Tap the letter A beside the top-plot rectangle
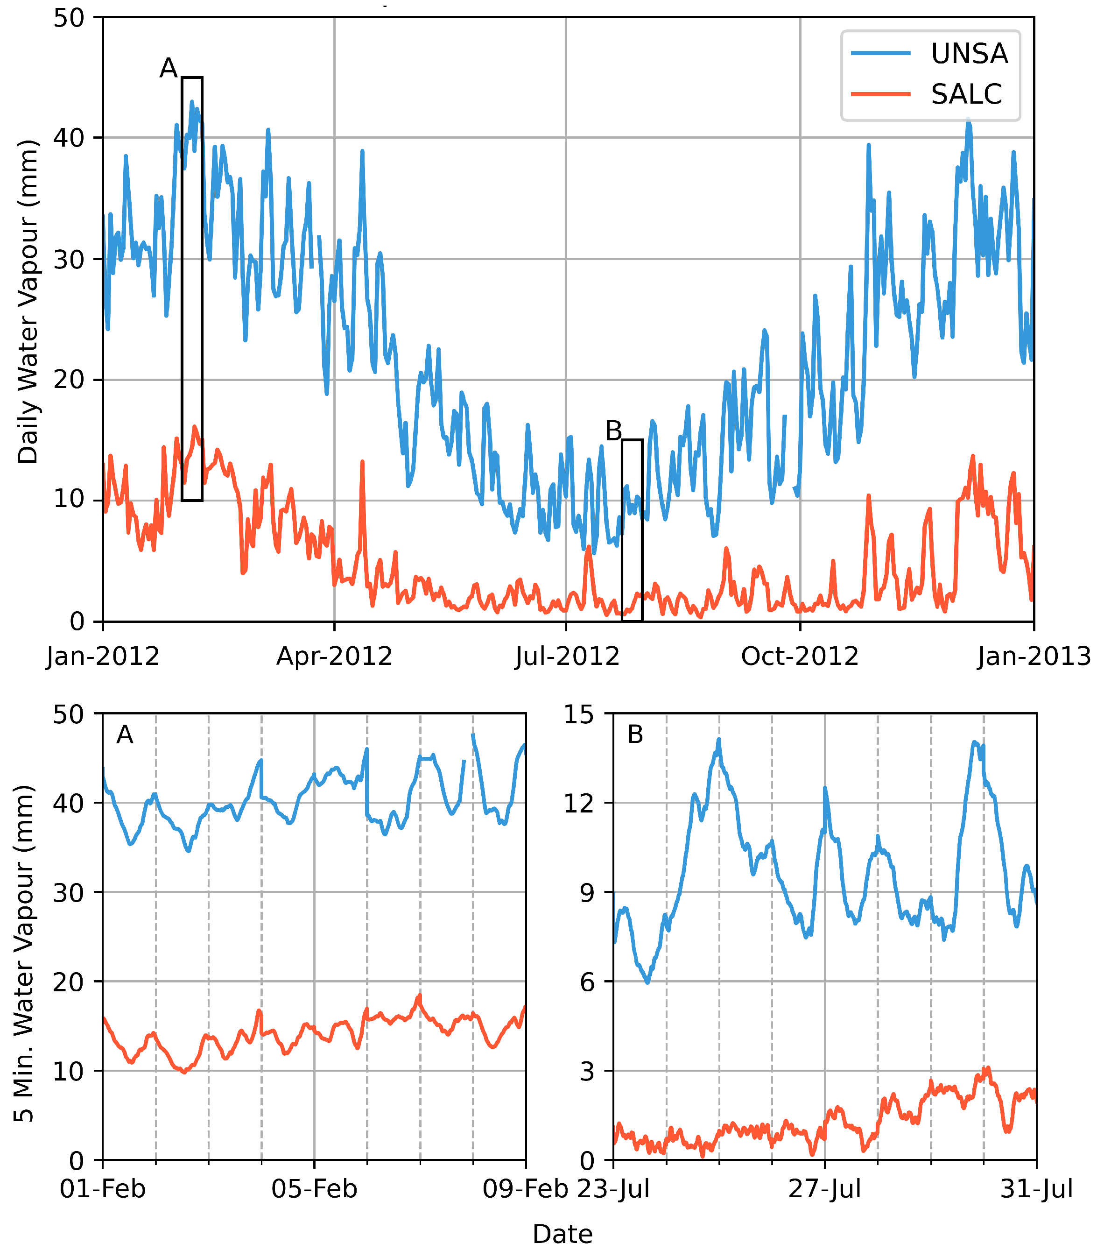168,68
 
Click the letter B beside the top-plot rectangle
613,431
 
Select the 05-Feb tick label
314,1189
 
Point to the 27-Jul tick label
824,1189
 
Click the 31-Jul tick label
1036,1189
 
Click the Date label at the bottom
563,1235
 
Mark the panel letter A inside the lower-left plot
125,734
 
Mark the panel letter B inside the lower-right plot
635,734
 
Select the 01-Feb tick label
103,1189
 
